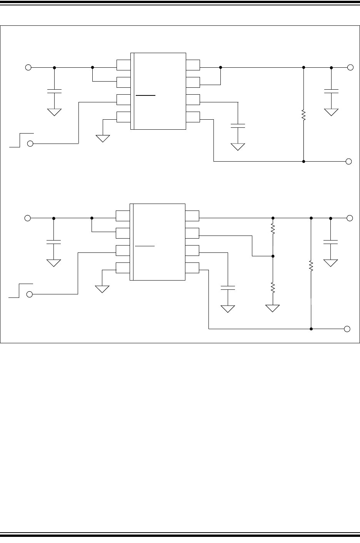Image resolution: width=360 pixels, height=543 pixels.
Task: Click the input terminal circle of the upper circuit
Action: point(28,67)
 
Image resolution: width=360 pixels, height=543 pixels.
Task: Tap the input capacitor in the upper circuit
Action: point(54,92)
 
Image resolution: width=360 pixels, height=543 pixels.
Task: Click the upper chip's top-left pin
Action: point(123,65)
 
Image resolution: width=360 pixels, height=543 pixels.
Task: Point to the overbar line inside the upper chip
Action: point(145,95)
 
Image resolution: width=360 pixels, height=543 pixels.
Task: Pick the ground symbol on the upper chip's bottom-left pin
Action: point(103,138)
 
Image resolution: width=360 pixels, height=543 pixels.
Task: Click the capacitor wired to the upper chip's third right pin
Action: point(238,125)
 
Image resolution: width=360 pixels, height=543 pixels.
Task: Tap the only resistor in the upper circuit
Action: point(303,115)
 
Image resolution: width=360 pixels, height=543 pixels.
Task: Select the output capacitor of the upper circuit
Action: point(331,91)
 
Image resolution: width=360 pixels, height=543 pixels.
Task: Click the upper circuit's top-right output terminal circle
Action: point(350,67)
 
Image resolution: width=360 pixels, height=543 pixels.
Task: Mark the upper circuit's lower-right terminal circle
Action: point(348,161)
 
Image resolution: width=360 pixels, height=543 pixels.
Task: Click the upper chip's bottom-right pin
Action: point(193,117)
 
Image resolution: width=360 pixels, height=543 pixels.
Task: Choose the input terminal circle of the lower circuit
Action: point(27,218)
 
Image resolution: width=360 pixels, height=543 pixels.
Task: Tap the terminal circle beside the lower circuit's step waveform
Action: point(30,294)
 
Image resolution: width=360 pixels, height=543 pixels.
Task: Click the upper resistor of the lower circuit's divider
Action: point(273,229)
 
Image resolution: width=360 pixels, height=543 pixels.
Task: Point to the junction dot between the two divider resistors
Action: point(273,256)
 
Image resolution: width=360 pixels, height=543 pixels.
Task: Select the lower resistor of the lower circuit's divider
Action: point(273,287)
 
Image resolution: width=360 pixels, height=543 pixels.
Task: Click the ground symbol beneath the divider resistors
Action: point(273,308)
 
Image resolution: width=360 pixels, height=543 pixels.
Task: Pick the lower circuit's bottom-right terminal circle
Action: point(347,329)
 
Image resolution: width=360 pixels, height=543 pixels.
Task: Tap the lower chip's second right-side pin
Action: point(192,233)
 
